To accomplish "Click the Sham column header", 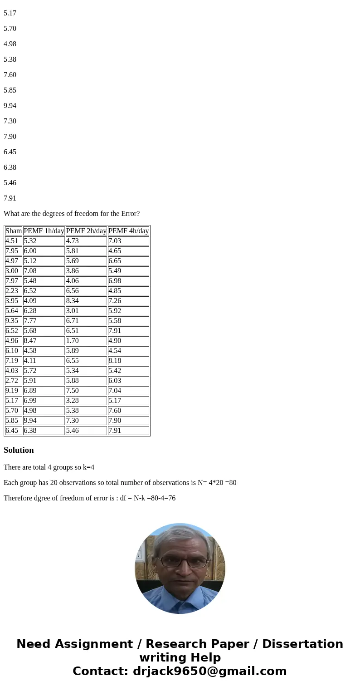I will tap(14, 231).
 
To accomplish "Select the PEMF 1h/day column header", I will tap(44, 231).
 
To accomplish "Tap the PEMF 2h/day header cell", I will tap(86, 231).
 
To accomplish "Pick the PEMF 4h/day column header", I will tap(128, 231).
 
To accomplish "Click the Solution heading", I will tap(19, 450).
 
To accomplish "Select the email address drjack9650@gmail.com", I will tap(209, 671).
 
